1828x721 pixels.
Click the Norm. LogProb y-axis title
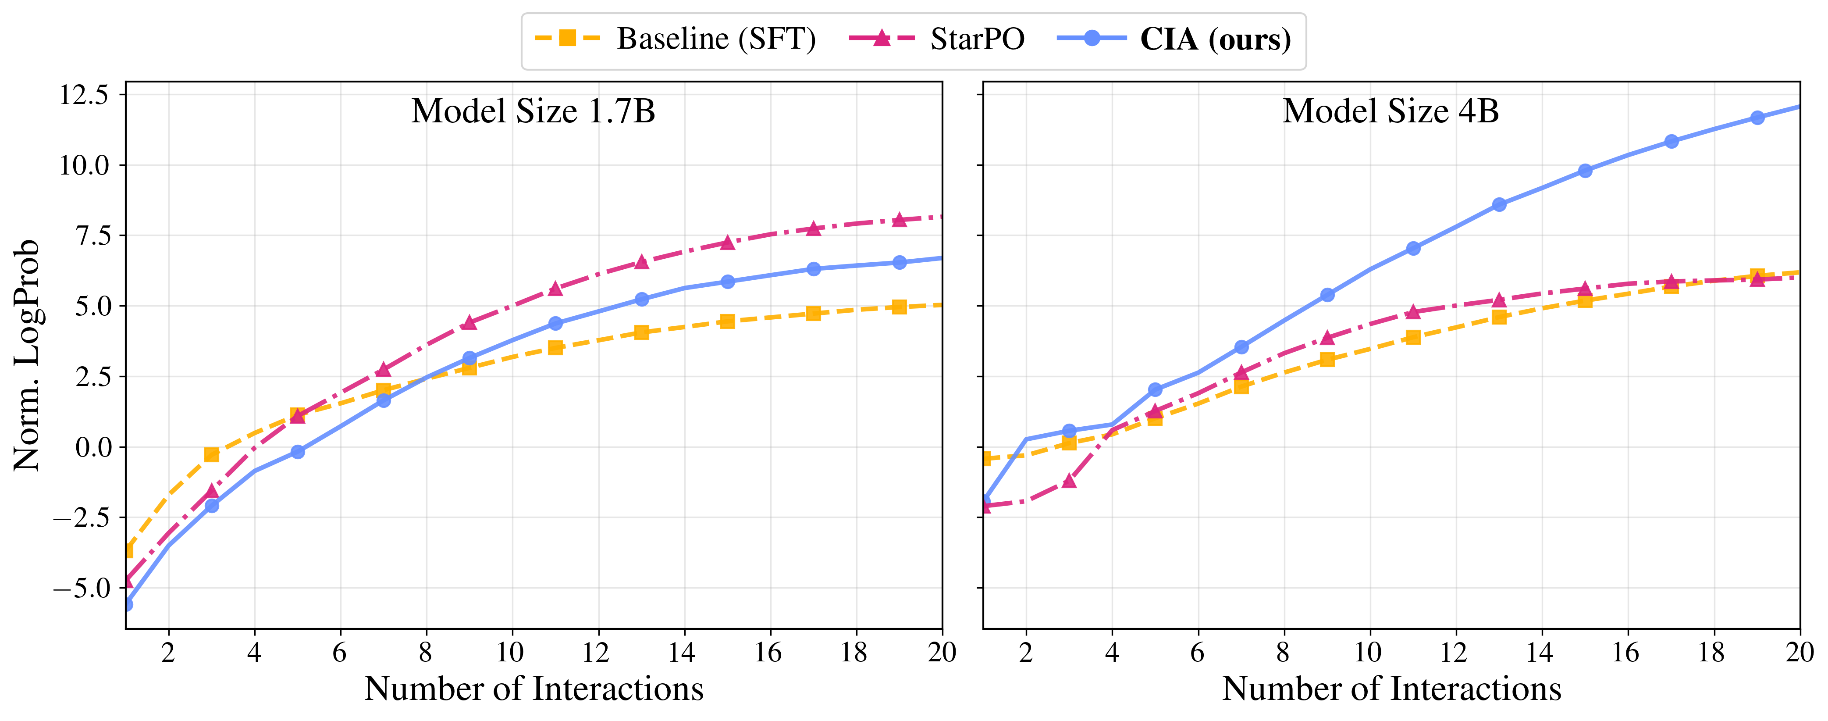(x=27, y=355)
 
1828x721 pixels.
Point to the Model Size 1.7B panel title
(x=533, y=111)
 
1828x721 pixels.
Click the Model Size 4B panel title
(x=1391, y=111)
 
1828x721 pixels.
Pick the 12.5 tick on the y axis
(x=84, y=94)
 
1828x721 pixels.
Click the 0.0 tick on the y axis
(x=94, y=447)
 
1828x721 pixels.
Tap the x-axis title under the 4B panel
(x=1391, y=689)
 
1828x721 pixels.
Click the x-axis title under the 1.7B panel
(x=533, y=689)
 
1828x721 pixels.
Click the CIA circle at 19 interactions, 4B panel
(x=1757, y=118)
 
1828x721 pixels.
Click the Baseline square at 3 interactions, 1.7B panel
(x=211, y=455)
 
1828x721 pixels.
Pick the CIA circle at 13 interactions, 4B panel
(x=1499, y=204)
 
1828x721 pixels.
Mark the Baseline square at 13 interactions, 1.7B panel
(x=641, y=332)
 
